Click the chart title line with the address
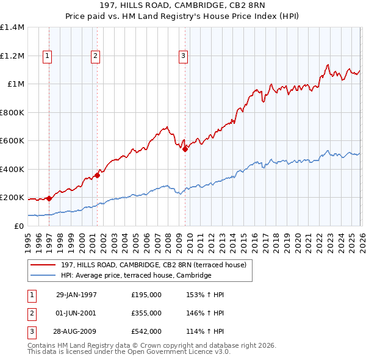pos(183,6)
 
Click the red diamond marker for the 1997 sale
pos(49,198)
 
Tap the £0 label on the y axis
pos(18,226)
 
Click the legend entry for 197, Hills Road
pos(153,265)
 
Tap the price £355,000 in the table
pos(146,313)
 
